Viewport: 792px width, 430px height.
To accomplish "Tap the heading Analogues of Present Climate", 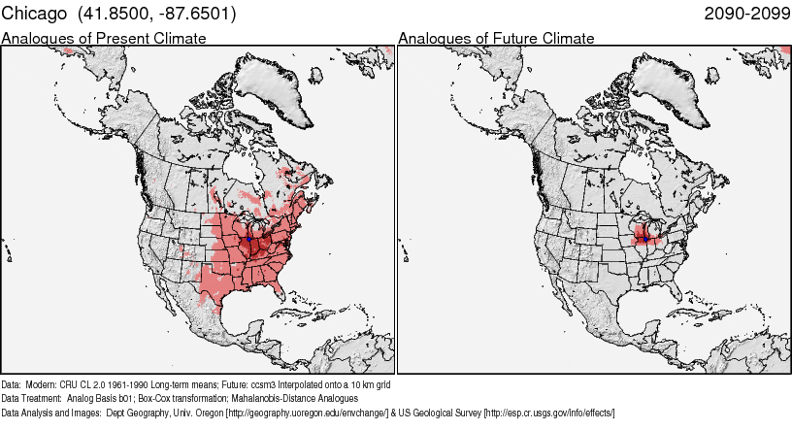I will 104,39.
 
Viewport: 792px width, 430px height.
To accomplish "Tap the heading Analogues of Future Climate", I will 496,39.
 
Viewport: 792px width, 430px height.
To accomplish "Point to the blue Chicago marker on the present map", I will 249,236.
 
